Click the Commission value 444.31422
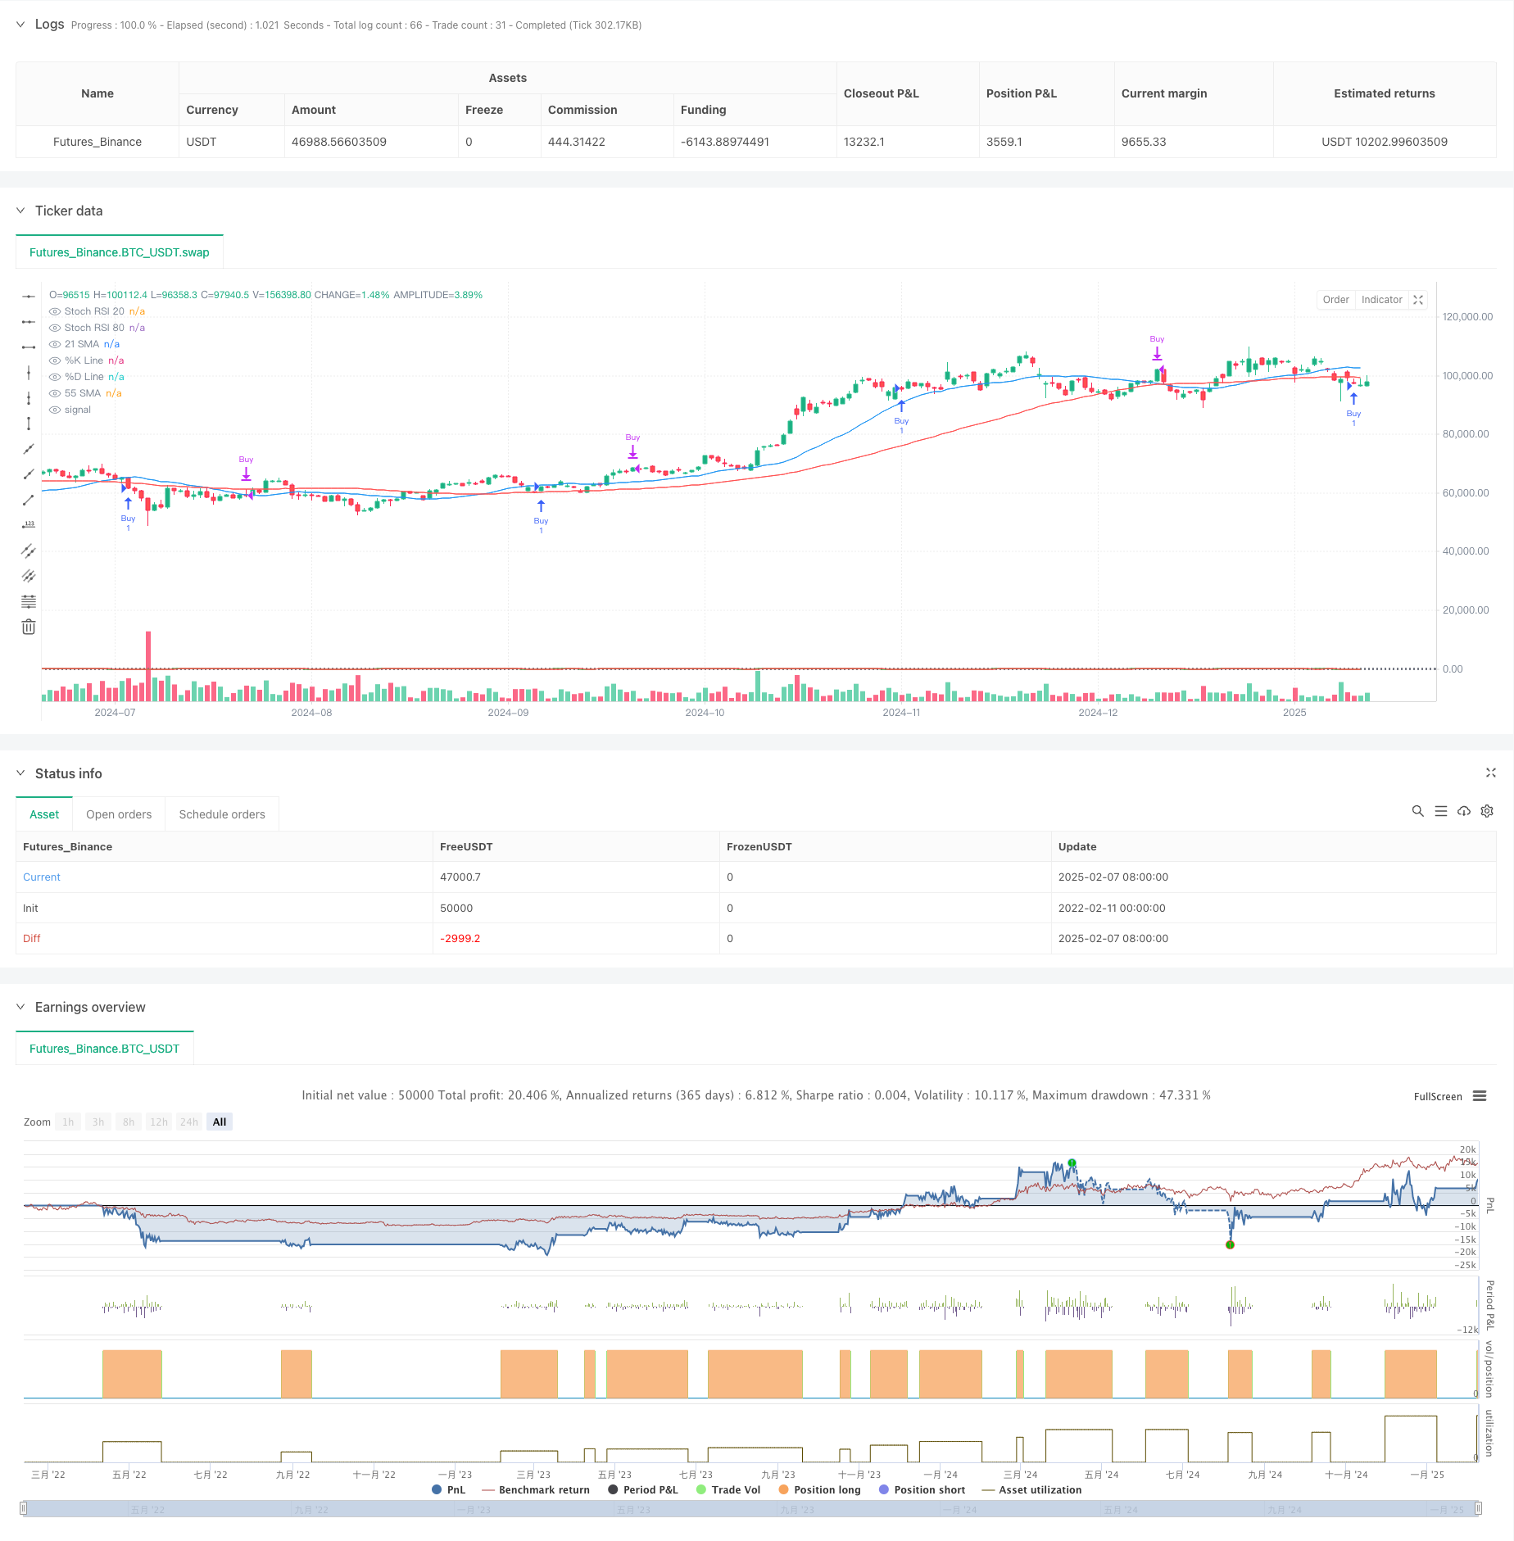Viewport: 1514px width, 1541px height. (x=576, y=142)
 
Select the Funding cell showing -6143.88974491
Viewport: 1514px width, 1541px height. (x=724, y=142)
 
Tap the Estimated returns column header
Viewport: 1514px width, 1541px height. (x=1384, y=93)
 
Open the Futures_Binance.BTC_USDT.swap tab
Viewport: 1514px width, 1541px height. (x=120, y=252)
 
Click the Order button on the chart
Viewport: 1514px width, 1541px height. (x=1335, y=300)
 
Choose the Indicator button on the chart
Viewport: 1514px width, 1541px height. (x=1381, y=300)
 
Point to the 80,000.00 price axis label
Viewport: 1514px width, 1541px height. (x=1466, y=434)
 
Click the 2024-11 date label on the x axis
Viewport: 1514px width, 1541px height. (x=901, y=713)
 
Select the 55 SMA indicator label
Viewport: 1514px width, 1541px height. (x=82, y=393)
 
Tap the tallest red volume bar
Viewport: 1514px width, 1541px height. (x=148, y=665)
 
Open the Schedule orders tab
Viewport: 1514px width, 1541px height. (x=222, y=814)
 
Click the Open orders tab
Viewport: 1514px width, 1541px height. (x=119, y=814)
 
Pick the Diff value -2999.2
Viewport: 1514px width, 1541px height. (x=460, y=939)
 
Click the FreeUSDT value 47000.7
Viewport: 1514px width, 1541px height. (x=460, y=877)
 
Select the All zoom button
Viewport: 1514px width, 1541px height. (x=220, y=1122)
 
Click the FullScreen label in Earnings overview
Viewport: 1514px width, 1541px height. (x=1437, y=1097)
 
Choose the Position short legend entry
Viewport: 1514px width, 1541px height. (x=929, y=1490)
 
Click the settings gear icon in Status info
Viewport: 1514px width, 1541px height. (x=1487, y=811)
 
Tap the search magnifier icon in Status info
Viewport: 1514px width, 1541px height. (x=1417, y=811)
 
